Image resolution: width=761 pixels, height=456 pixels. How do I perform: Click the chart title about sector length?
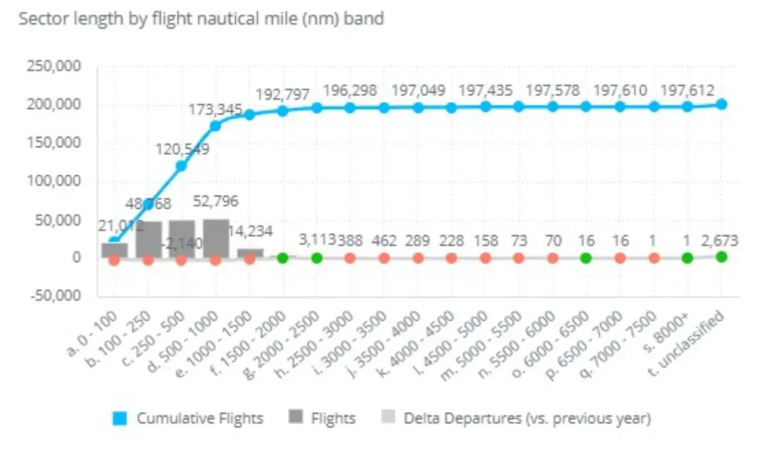click(x=201, y=19)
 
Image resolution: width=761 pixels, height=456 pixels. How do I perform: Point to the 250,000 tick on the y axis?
click(x=53, y=66)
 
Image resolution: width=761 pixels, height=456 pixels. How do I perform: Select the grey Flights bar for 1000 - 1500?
click(x=250, y=253)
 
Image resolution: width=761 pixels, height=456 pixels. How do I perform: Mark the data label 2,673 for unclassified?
click(x=720, y=240)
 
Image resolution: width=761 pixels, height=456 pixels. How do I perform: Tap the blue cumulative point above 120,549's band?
click(x=182, y=166)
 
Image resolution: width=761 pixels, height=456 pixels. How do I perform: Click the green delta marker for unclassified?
click(x=721, y=257)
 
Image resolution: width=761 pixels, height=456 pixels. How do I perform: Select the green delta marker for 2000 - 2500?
click(x=316, y=258)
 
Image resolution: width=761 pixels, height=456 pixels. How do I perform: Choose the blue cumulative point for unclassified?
click(x=721, y=104)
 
